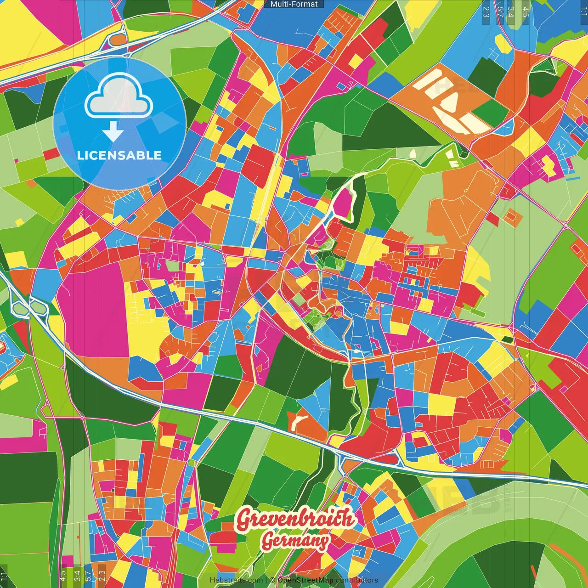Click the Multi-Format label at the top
coord(294,4)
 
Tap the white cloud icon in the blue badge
coord(119,96)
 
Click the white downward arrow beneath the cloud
coord(113,132)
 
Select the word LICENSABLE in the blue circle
coord(119,155)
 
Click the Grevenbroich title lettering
coord(296,519)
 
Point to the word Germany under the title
coord(296,541)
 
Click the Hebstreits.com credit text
coord(236,580)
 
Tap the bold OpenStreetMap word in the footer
coord(305,580)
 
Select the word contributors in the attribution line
coord(357,580)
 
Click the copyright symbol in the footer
coord(272,580)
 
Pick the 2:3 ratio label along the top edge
coord(486,11)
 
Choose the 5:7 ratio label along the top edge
coord(500,11)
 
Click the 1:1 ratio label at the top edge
coord(584,10)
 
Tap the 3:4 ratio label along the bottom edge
coord(77,576)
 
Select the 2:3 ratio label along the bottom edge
coord(102,576)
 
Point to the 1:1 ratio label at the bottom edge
coord(4,577)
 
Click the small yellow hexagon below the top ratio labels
coord(503,44)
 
